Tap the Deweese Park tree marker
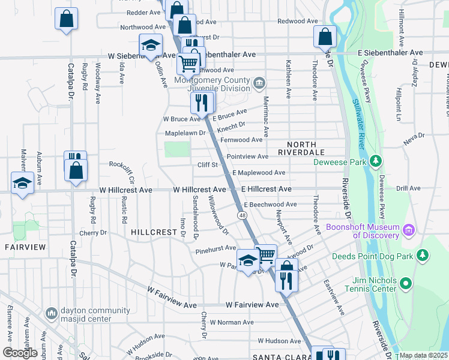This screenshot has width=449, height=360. (x=376, y=161)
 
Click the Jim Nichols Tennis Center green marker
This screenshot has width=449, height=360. (x=406, y=283)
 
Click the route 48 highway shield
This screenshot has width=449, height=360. (x=242, y=215)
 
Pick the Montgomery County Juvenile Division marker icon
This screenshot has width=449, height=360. (x=259, y=83)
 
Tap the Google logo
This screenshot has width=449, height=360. (x=20, y=353)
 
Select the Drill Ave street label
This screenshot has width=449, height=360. (x=408, y=188)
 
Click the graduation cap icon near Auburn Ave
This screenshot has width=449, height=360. (x=22, y=183)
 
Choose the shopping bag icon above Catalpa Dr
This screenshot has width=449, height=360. (x=66, y=19)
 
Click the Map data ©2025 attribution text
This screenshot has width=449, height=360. (x=423, y=355)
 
